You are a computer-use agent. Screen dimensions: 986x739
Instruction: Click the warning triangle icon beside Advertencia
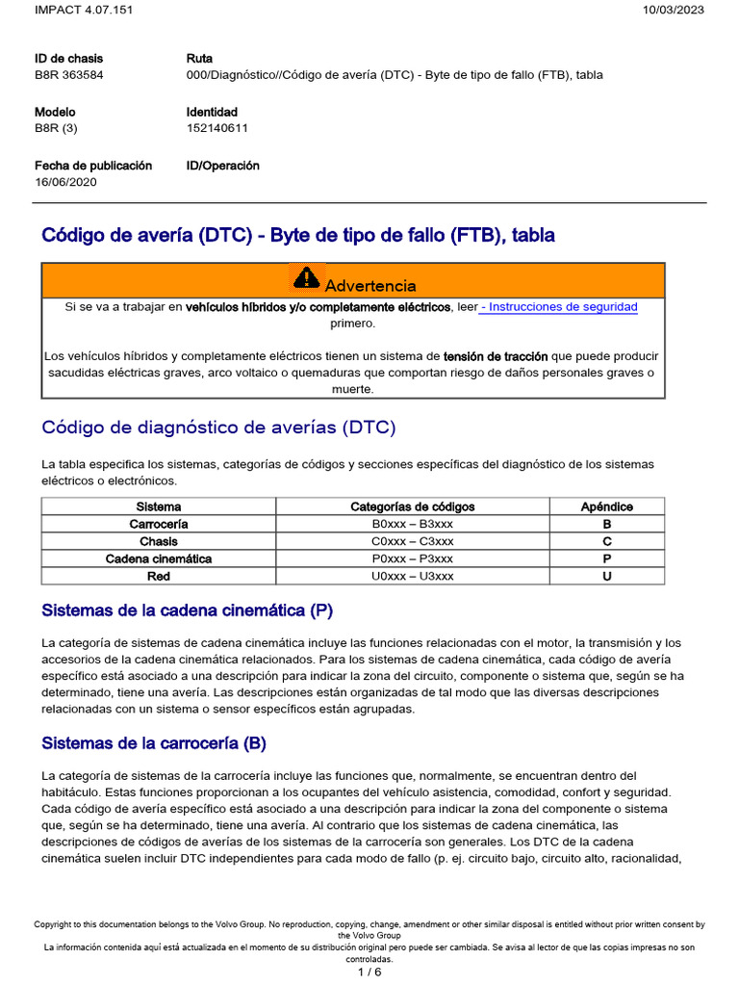(305, 279)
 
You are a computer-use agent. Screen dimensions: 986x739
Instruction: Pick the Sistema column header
(159, 506)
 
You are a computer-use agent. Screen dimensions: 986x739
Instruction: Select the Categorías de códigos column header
(412, 506)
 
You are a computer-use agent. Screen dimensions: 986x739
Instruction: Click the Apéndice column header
(606, 506)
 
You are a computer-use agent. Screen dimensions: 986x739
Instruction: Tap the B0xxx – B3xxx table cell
(412, 524)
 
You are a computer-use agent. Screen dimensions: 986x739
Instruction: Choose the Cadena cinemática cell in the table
(159, 558)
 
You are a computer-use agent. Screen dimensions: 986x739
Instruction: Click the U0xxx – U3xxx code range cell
(412, 576)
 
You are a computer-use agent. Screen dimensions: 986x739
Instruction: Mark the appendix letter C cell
(606, 541)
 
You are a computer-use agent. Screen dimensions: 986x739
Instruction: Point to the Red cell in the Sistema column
(159, 576)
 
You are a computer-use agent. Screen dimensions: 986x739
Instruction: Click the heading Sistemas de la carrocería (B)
(154, 743)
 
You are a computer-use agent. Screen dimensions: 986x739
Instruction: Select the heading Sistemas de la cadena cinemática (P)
(187, 610)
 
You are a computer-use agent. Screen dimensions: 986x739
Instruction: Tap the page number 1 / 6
(369, 972)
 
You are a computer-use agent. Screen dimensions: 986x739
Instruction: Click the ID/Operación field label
(222, 166)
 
